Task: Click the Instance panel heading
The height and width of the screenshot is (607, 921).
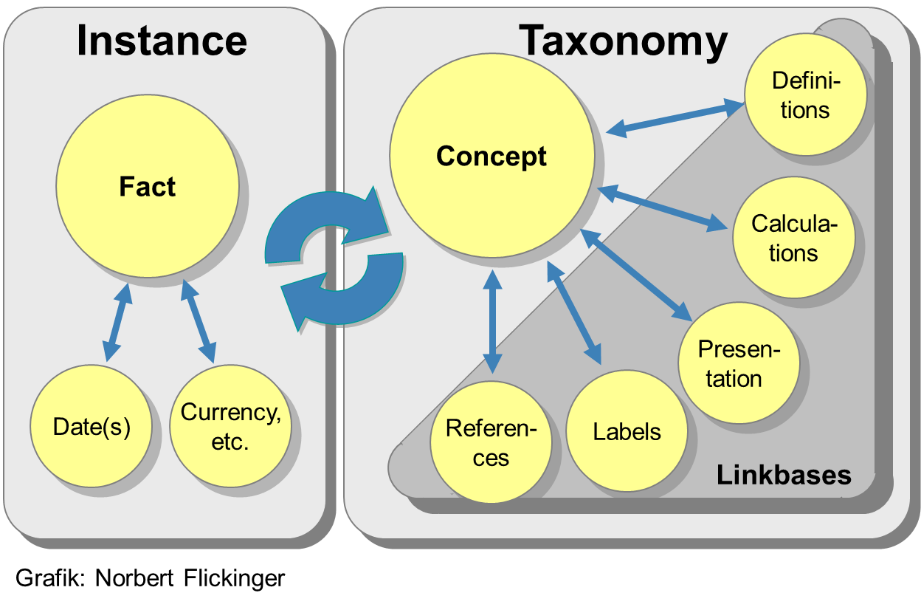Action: [162, 40]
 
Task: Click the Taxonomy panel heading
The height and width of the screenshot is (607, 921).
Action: [624, 40]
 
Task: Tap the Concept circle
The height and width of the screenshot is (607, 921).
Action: [491, 156]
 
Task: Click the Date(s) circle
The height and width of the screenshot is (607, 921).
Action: [92, 426]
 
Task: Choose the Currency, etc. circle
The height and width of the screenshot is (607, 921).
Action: [230, 427]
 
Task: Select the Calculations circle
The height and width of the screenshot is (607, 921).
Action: [793, 238]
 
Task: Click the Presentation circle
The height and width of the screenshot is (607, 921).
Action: [738, 363]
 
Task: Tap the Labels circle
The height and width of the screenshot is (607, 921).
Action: [627, 431]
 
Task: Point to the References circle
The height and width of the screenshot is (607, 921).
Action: [491, 442]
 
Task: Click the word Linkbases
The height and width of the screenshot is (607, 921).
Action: [784, 475]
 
